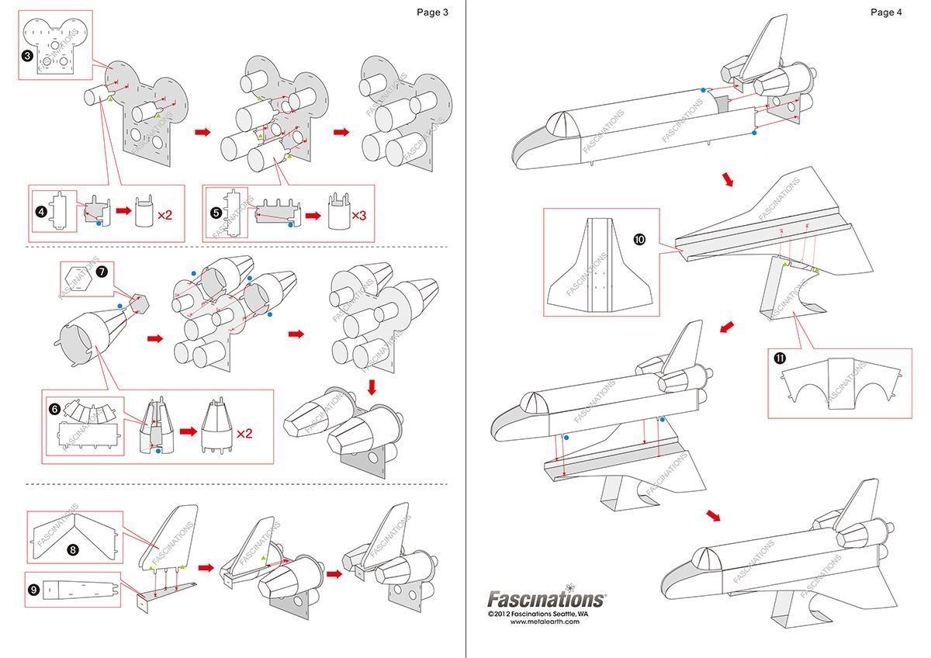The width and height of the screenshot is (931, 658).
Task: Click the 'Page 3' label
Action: coord(432,12)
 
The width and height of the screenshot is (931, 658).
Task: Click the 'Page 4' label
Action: coord(886,12)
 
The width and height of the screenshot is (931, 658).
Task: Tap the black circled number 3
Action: coord(27,56)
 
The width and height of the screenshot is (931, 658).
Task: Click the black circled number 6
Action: coord(54,409)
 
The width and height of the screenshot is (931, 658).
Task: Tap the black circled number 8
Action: coord(72,549)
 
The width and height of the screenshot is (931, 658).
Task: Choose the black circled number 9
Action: coord(34,590)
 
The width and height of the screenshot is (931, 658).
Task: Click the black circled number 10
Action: coord(639,240)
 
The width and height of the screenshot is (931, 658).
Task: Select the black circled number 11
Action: coord(780,358)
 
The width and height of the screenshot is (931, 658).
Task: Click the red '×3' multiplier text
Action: coord(358,214)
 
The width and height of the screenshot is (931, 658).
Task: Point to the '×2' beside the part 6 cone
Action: coord(244,433)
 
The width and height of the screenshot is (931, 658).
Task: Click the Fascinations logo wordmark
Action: coord(546,599)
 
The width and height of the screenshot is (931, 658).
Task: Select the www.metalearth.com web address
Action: coord(545,622)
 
